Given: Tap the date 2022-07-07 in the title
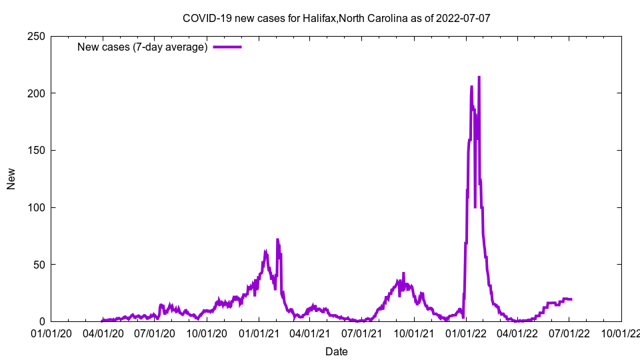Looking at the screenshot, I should tap(463, 18).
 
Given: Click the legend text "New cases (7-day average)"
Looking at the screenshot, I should tap(142, 47).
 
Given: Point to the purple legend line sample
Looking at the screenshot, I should tap(227, 47).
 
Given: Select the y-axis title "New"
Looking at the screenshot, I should tap(11, 179).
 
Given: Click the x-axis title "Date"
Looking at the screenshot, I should tap(336, 351).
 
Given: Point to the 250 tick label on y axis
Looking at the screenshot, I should tap(36, 36).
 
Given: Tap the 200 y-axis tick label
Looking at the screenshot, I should tap(36, 93).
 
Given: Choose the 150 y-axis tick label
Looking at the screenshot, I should tap(36, 150).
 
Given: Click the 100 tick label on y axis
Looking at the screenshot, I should tap(36, 207).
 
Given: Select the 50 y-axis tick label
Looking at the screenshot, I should tap(39, 265).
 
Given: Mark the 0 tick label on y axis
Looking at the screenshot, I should tap(41, 321).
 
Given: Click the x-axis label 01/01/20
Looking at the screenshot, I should tap(51, 333).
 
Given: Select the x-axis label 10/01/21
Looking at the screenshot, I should tap(414, 333).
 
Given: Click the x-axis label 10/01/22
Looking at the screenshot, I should tap(621, 333).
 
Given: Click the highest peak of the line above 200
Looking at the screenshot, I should tap(479, 77).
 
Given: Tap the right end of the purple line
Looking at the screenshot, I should tap(571, 299).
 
